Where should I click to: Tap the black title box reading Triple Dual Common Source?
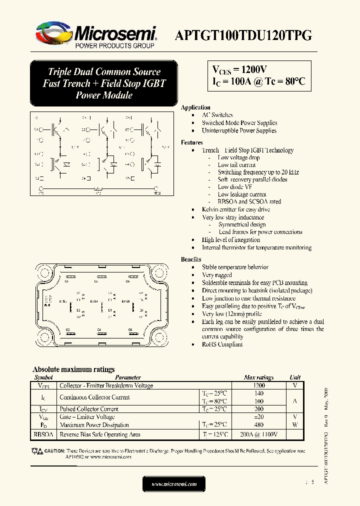pyautogui.click(x=104, y=83)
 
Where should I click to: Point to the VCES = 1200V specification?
pyautogui.click(x=239, y=69)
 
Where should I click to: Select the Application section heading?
pyautogui.click(x=195, y=107)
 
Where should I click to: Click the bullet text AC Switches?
pyautogui.click(x=217, y=115)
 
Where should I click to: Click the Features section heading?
pyautogui.click(x=192, y=142)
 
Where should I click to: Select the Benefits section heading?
pyautogui.click(x=191, y=259)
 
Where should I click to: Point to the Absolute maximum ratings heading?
pyautogui.click(x=73, y=369)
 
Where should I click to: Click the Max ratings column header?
pyautogui.click(x=258, y=377)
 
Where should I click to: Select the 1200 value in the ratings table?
pyautogui.click(x=258, y=385)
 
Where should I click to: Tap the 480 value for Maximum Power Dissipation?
pyautogui.click(x=258, y=424)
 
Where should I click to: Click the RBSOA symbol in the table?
pyautogui.click(x=44, y=434)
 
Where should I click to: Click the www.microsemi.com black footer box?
pyautogui.click(x=174, y=484)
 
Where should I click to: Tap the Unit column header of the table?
pyautogui.click(x=295, y=377)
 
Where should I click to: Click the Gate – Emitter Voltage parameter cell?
pyautogui.click(x=87, y=416)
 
